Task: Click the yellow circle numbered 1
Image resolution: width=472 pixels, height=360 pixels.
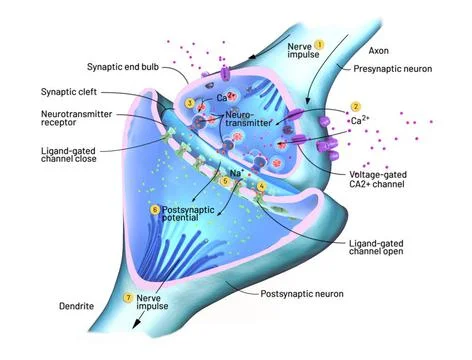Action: (320, 45)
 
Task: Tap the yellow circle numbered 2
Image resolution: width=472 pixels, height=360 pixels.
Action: (354, 107)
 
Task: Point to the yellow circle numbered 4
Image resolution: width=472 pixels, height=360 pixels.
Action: (262, 186)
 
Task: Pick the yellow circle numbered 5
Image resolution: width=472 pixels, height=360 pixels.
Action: (225, 185)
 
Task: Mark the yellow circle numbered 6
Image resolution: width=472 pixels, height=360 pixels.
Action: (155, 210)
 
